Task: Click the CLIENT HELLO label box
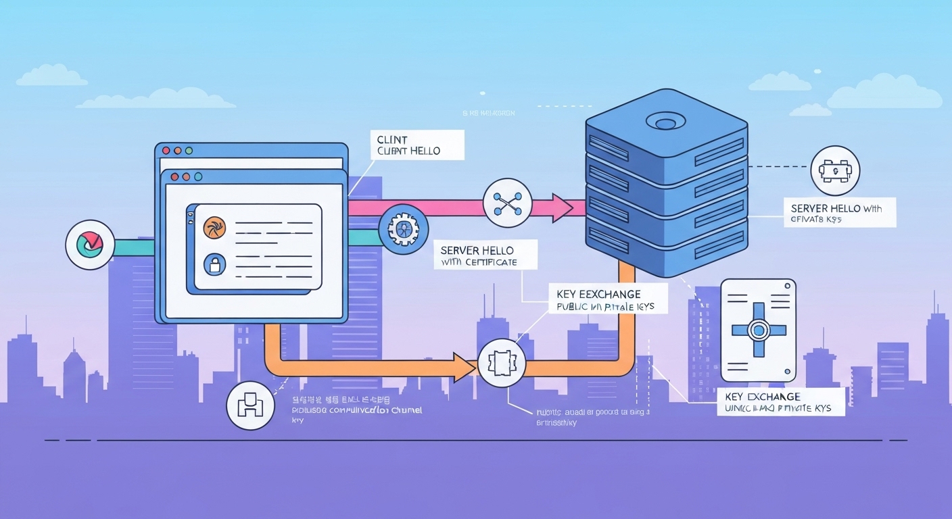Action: coord(416,145)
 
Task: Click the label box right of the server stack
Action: coord(838,212)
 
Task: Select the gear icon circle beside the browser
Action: coord(404,229)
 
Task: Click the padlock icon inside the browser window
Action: coord(214,264)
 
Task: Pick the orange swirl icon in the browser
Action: coord(213,227)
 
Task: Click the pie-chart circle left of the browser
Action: coord(90,244)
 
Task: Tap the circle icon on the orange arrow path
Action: coord(501,364)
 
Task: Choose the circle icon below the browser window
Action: coord(250,405)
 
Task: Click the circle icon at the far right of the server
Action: coord(834,171)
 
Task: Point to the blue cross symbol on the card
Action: coord(758,330)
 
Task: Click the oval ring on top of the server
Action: coord(666,122)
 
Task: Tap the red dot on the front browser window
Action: coord(174,176)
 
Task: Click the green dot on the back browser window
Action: coord(189,150)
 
